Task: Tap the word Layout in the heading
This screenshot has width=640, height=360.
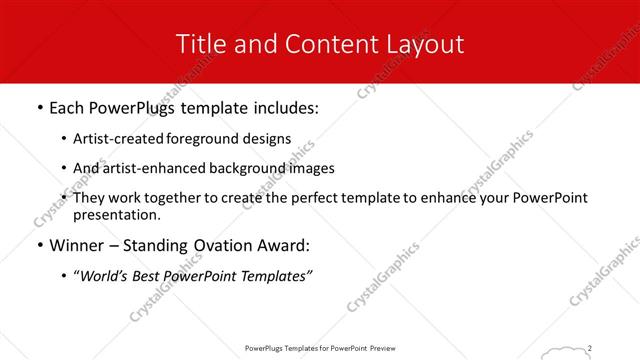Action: [427, 44]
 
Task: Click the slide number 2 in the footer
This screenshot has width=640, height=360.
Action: [591, 348]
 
